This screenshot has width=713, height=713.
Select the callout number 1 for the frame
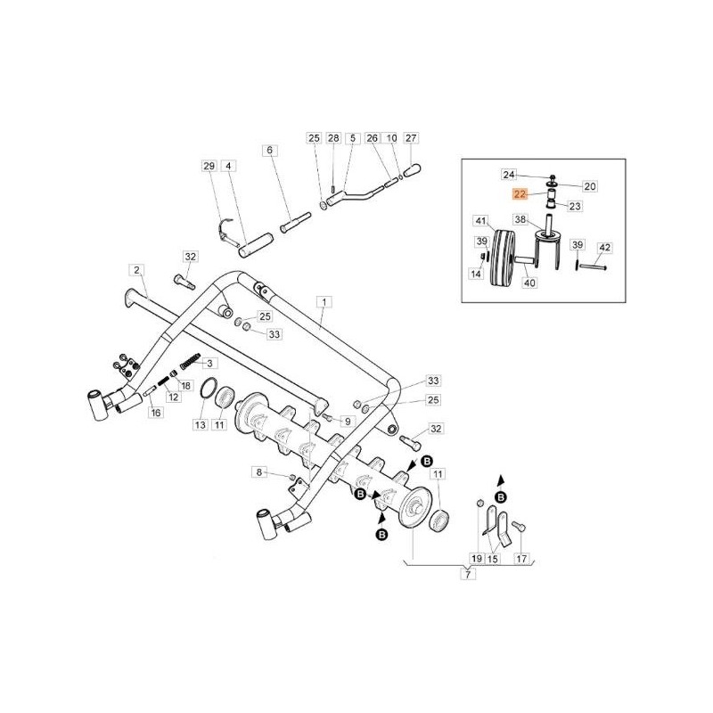pos(324,302)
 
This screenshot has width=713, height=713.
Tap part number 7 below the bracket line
pos(466,574)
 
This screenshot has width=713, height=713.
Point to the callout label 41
pos(479,221)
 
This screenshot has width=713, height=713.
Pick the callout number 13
pos(200,426)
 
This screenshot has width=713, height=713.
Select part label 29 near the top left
pos(209,167)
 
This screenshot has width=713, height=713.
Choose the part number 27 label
pos(411,138)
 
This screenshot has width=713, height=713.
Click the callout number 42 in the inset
pos(603,246)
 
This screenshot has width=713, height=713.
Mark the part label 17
pos(522,558)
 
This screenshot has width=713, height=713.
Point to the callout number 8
pos(259,471)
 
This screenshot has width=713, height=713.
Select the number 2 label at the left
pos(135,269)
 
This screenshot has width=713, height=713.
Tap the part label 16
pos(156,413)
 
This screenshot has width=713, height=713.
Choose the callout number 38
pos(520,219)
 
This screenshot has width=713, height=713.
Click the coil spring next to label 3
pos(189,364)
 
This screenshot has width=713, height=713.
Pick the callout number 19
pos(476,558)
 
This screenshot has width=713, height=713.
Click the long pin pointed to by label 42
pos(593,265)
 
